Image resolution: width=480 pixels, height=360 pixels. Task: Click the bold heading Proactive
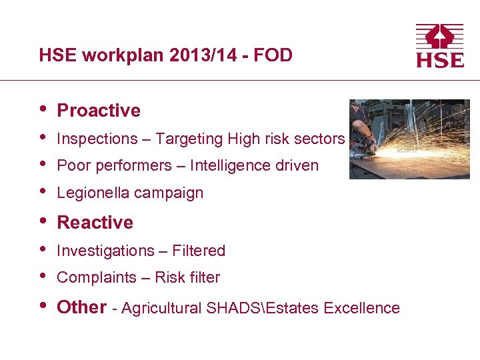click(x=99, y=111)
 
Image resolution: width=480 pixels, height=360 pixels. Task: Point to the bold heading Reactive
click(x=95, y=223)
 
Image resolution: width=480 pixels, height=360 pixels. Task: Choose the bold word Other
click(x=81, y=307)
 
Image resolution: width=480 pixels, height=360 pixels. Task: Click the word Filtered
click(x=199, y=251)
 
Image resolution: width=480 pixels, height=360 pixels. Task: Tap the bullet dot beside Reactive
click(x=43, y=221)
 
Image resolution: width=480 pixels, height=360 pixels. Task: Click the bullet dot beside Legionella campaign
click(x=43, y=192)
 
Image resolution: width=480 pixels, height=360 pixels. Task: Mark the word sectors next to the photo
click(x=322, y=139)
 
